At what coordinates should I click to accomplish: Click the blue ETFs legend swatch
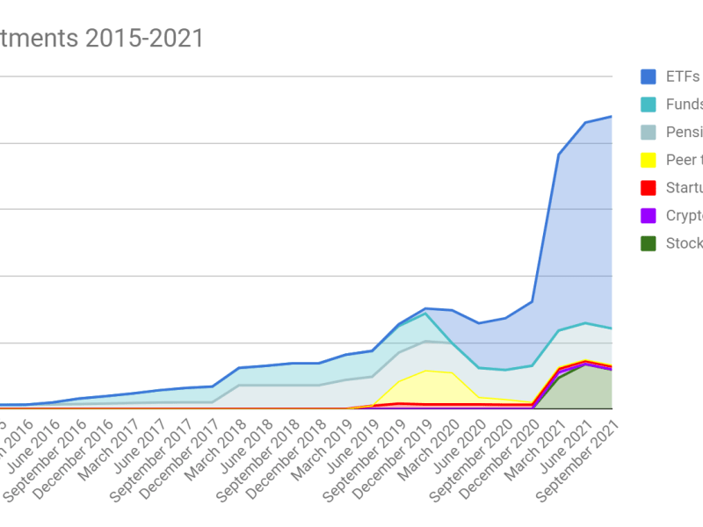649,76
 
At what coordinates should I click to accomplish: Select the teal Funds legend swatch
649,105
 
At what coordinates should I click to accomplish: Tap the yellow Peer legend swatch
649,160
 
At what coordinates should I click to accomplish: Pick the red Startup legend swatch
649,188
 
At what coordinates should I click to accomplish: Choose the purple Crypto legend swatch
649,215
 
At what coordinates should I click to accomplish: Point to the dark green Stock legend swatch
649,243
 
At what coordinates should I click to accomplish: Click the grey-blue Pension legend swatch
649,132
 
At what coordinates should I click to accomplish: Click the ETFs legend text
683,76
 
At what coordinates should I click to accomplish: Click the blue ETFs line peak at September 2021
612,116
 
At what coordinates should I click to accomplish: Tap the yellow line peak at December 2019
425,371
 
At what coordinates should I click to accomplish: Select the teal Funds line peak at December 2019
425,314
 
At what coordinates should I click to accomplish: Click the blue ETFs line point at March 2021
559,155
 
